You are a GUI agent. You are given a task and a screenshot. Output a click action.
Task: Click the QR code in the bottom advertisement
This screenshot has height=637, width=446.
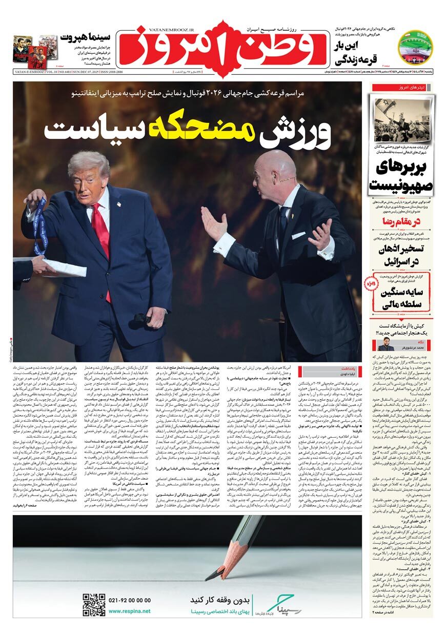[x=94, y=604]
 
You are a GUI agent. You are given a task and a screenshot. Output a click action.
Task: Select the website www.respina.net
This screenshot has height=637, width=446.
[x=129, y=611]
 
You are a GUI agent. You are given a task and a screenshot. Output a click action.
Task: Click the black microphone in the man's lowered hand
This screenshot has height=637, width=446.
[x=141, y=318]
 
